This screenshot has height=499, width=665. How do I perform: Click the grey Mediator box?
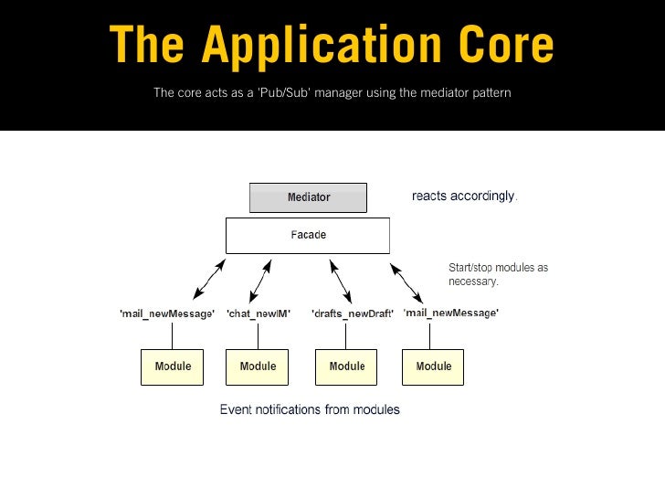(308, 197)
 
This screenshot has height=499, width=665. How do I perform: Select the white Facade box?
(308, 236)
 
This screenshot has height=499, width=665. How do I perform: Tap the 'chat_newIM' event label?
(259, 313)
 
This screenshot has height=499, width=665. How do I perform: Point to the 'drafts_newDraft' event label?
(353, 313)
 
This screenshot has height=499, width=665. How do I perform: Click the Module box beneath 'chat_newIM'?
(257, 367)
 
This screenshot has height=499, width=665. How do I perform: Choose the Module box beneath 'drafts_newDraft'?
(346, 367)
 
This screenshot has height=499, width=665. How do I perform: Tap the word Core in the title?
(506, 44)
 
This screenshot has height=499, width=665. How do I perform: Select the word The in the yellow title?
(147, 44)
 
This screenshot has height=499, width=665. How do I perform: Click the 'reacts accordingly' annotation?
(464, 196)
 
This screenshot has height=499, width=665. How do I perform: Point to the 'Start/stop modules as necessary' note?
(499, 274)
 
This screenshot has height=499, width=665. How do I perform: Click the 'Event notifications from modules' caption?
(310, 409)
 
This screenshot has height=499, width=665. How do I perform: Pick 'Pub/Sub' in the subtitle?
(284, 92)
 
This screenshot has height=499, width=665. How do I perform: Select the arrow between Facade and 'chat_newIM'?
(260, 281)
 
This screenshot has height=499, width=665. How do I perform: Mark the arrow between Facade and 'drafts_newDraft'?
(341, 281)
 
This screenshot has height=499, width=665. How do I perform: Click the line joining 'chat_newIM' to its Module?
(258, 336)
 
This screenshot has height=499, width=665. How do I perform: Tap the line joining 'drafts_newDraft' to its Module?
(345, 336)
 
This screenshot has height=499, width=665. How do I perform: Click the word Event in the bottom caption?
(236, 409)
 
